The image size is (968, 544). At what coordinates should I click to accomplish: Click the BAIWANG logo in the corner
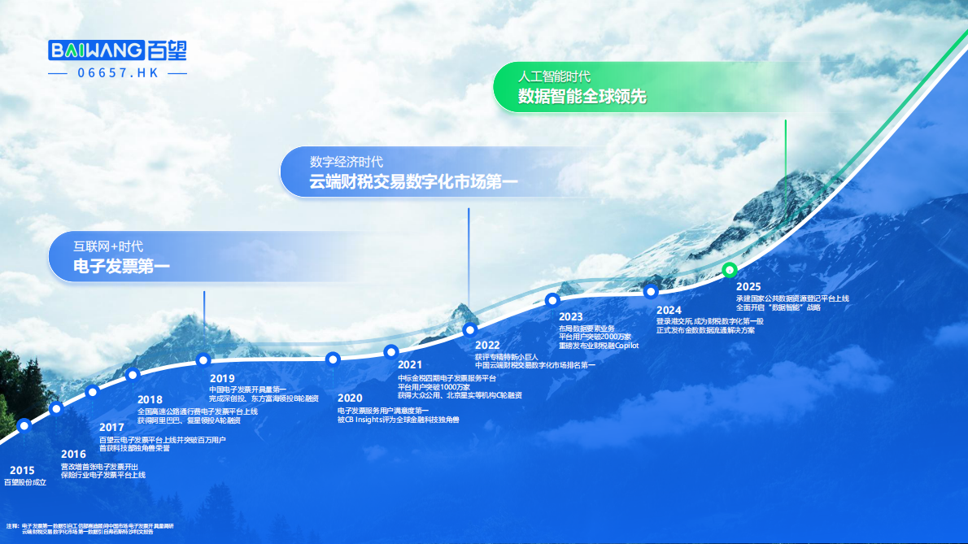coord(118,50)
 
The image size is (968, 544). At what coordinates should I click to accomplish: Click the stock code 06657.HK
coord(118,73)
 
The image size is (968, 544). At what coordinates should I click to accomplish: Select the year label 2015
coord(22,470)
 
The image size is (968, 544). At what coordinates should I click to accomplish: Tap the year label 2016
coord(73,455)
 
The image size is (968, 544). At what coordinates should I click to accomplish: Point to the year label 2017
coord(111,428)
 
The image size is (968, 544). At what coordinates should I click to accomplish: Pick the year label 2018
coord(150,400)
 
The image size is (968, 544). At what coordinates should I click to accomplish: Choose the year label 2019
coord(222,378)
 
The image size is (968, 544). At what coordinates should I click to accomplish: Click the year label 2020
coord(350,398)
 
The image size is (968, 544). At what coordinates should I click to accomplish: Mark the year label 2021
coord(410,365)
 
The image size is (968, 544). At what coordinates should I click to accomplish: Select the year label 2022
coord(487,345)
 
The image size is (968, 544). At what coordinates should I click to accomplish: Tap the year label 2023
coord(571,316)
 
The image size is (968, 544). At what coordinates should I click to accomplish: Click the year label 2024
coord(669,310)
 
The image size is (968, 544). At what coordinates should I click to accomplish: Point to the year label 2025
coord(748,287)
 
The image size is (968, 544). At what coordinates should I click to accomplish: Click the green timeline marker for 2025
coord(730,269)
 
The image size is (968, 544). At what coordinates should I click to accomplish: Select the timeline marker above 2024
coord(651,292)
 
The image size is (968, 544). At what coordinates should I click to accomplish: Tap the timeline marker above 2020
coord(332,359)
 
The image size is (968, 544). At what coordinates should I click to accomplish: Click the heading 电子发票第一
coord(122,266)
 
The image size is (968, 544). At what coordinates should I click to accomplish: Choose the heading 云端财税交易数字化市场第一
coord(413,181)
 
